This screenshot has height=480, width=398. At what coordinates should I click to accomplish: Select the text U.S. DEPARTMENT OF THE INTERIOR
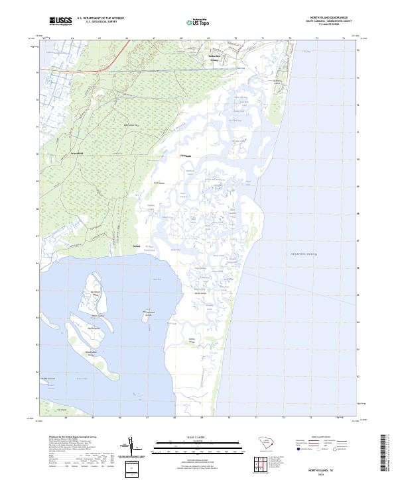point(100,19)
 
